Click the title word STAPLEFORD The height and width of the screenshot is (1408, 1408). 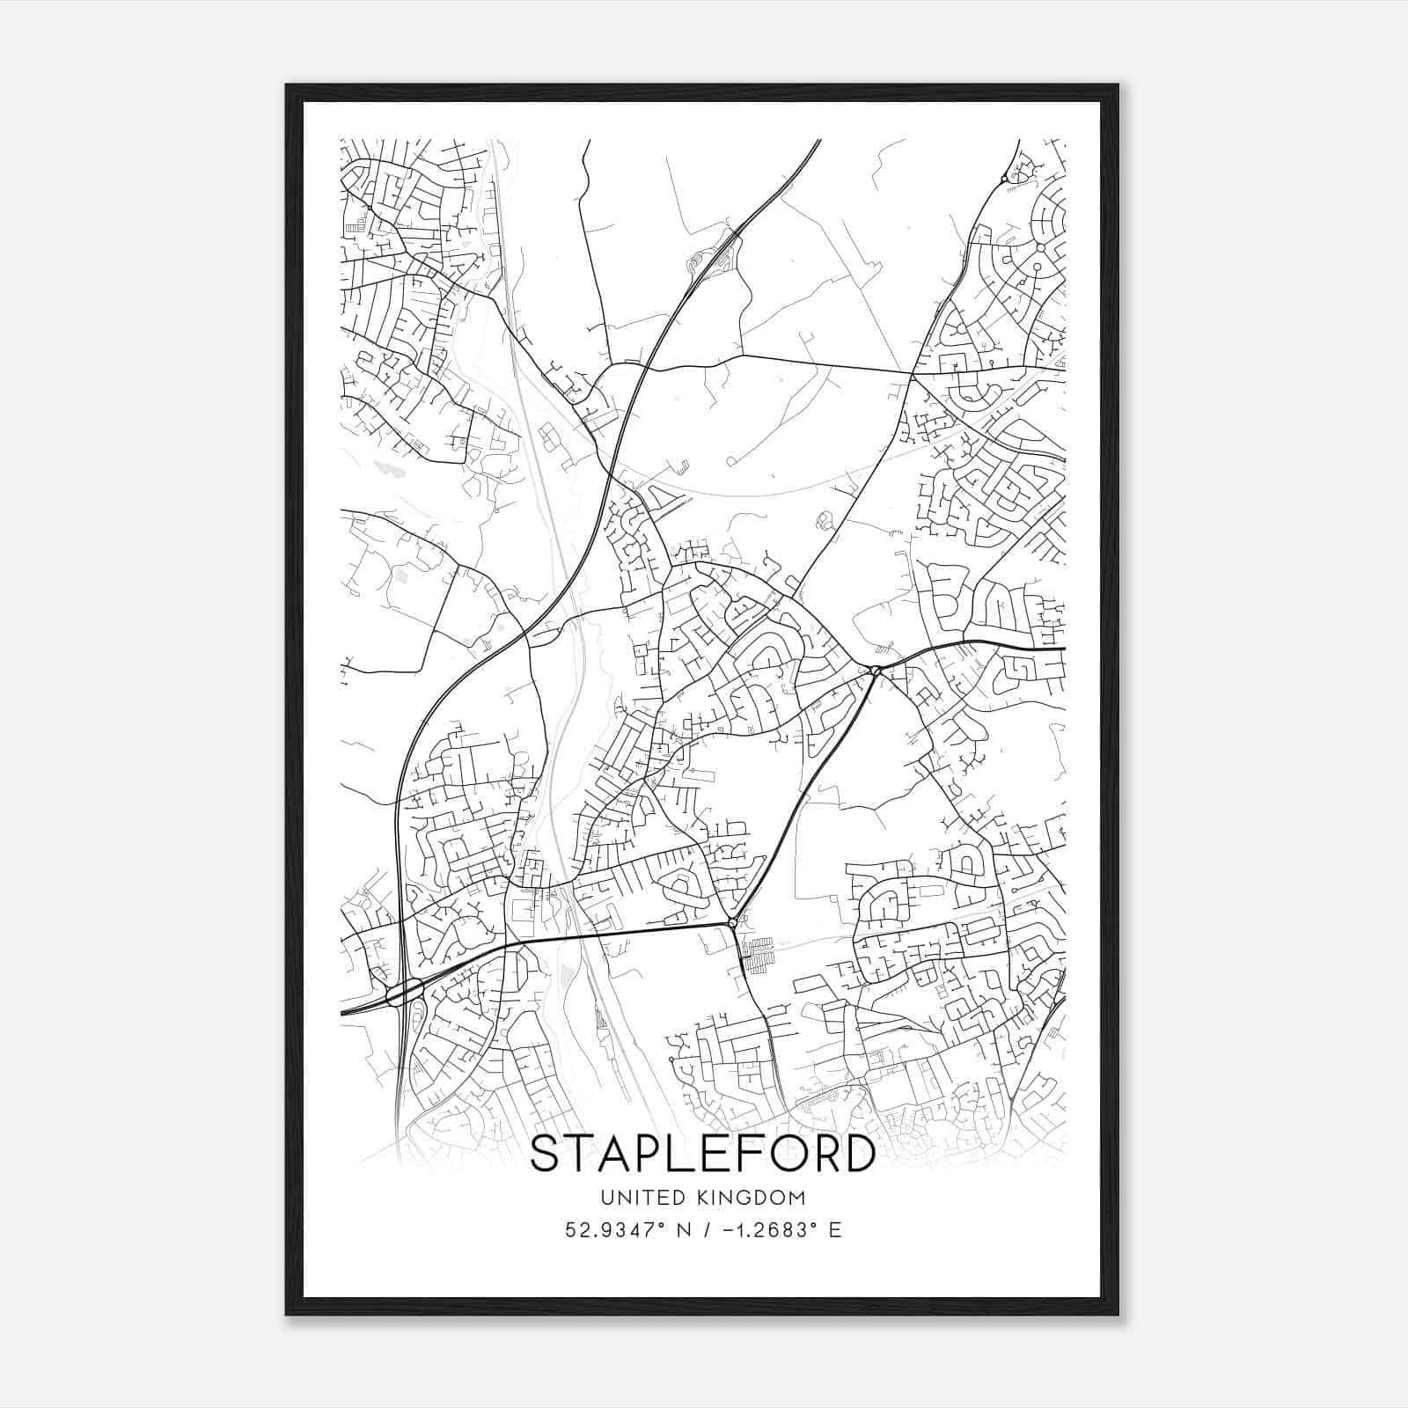[702, 1154]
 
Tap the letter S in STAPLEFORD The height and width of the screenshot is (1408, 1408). [547, 1154]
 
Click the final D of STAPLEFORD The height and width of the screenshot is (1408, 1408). [859, 1154]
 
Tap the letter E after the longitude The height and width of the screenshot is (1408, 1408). [835, 1230]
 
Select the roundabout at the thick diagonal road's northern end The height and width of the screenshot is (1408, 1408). [875, 671]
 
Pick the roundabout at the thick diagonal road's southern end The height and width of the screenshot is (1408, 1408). [733, 923]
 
